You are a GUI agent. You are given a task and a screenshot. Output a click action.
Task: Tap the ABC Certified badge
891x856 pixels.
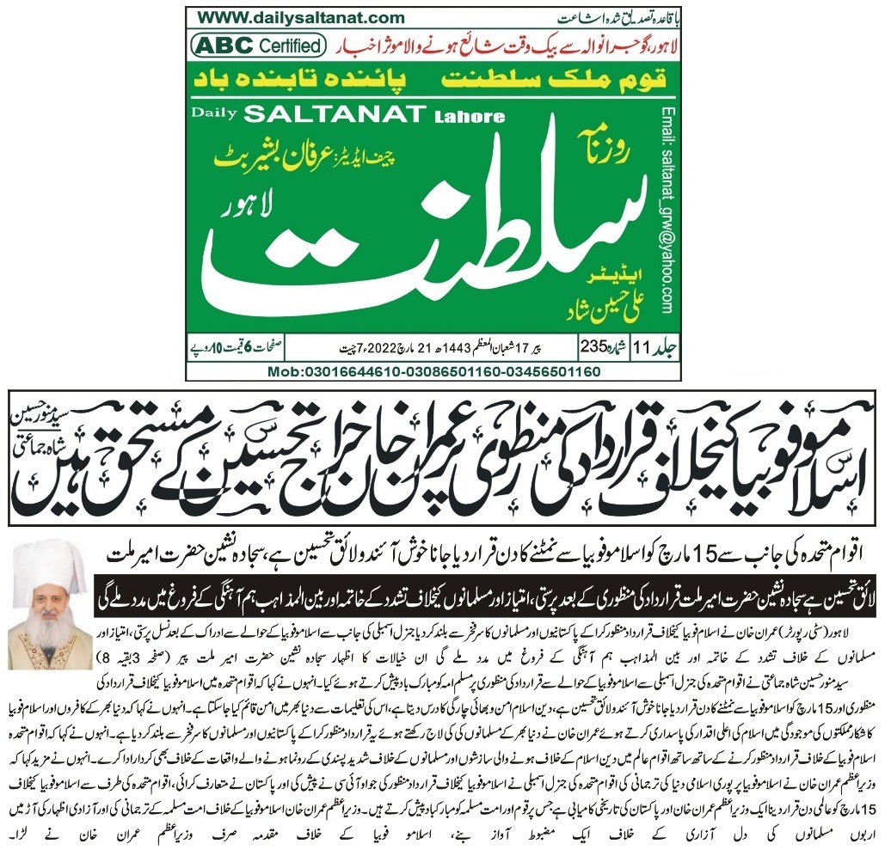(x=258, y=45)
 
